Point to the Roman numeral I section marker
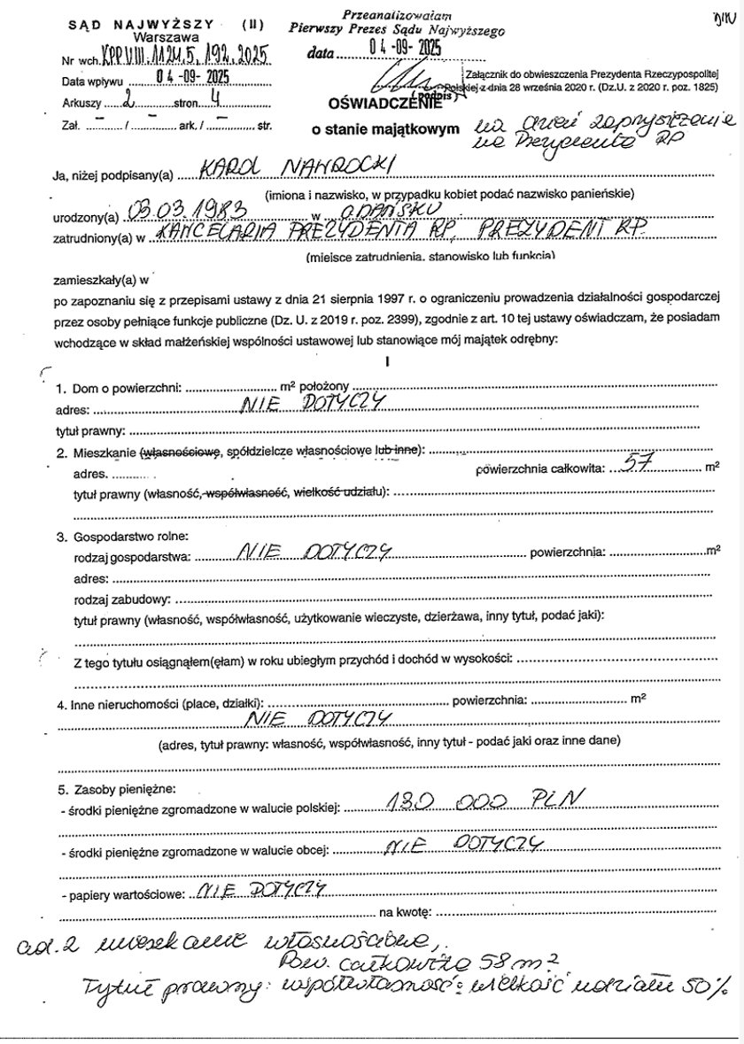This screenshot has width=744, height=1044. point(387,361)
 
